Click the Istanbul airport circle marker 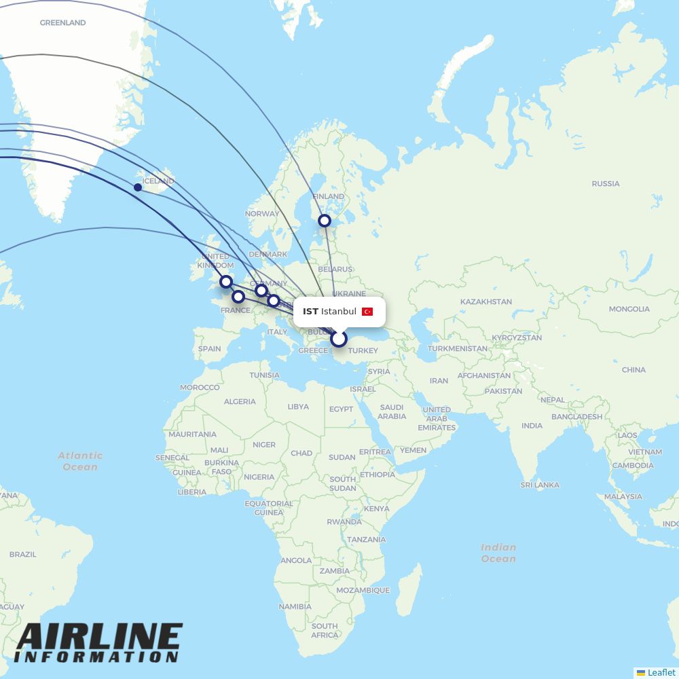click(x=339, y=339)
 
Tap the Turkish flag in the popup click(x=367, y=312)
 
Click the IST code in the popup click(x=310, y=312)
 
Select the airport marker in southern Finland click(x=325, y=221)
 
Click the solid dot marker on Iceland click(x=138, y=187)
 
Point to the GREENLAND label click(x=62, y=22)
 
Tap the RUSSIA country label click(x=605, y=183)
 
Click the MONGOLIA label click(x=629, y=309)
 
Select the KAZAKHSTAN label click(x=485, y=301)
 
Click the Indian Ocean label click(x=498, y=553)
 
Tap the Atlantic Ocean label click(x=80, y=461)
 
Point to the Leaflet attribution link click(x=661, y=672)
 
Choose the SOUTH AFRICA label click(x=325, y=630)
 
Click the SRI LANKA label click(x=540, y=485)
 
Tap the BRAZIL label click(x=22, y=554)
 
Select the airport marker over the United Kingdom click(x=226, y=282)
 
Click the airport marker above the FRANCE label click(x=238, y=297)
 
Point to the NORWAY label click(x=262, y=213)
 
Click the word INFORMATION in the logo click(x=96, y=657)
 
